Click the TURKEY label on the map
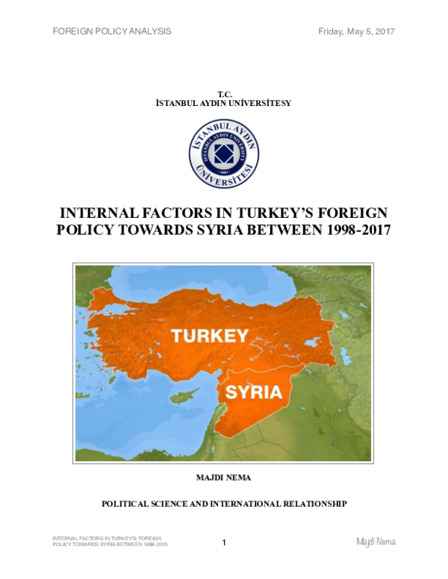tap(209, 336)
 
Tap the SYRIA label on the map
tap(253, 392)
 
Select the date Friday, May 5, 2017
tap(356, 31)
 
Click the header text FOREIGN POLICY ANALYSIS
tap(112, 31)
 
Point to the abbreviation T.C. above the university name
tap(224, 93)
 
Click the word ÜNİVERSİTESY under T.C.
tap(261, 103)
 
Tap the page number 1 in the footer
tap(224, 542)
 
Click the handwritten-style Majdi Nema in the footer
tap(375, 542)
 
